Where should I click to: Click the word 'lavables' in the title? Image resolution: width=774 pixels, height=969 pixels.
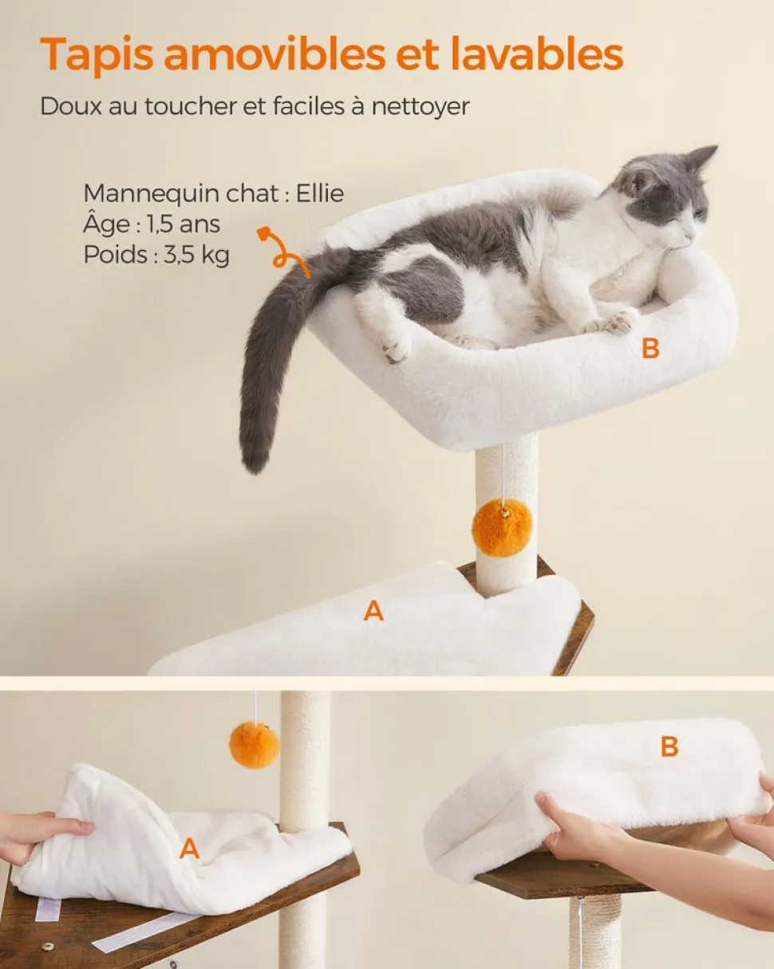pyautogui.click(x=536, y=54)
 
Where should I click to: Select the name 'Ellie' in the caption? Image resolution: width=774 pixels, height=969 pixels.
pyautogui.click(x=320, y=194)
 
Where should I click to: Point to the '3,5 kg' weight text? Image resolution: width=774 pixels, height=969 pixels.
pyautogui.click(x=196, y=255)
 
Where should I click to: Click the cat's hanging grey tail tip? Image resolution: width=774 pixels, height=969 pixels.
pyautogui.click(x=256, y=459)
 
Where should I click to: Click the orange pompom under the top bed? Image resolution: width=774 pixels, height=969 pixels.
pyautogui.click(x=502, y=527)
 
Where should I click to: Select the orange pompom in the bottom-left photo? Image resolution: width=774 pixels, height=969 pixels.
pyautogui.click(x=254, y=744)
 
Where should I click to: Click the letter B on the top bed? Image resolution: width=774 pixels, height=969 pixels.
pyautogui.click(x=650, y=349)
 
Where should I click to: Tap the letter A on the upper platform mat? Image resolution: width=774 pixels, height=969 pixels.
pyautogui.click(x=373, y=611)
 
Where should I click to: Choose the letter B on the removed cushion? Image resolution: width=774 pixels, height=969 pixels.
pyautogui.click(x=669, y=747)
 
